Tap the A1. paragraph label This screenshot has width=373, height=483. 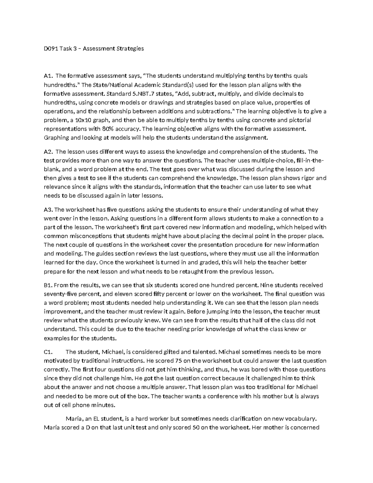click(48, 76)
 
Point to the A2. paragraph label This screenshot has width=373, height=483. click(48, 152)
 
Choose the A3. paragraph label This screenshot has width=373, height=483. click(48, 210)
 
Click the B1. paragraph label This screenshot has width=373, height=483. click(48, 285)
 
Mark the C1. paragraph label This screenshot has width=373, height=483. click(48, 352)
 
